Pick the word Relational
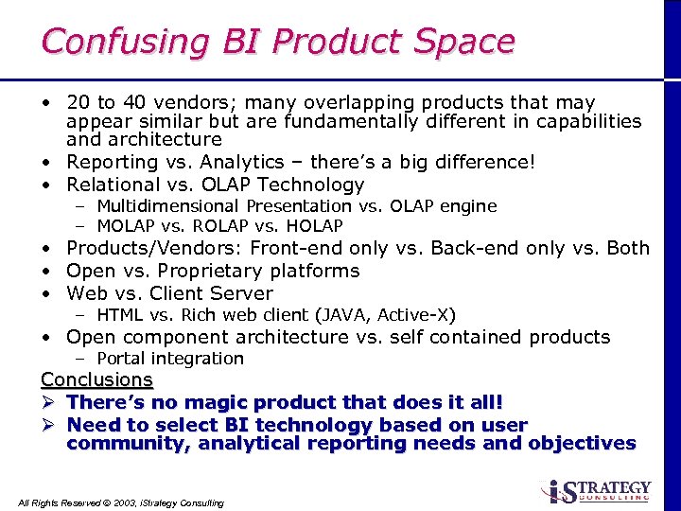coord(112,185)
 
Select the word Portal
coord(121,359)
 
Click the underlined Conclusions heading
coord(96,379)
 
